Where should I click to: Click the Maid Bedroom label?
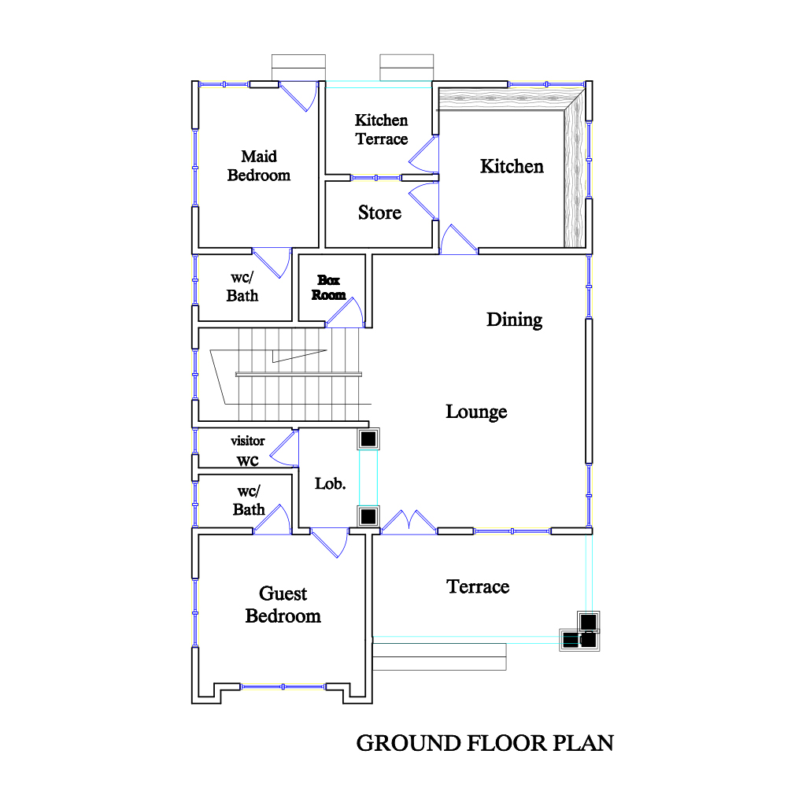pyautogui.click(x=258, y=165)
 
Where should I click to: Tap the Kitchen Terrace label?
pyautogui.click(x=382, y=130)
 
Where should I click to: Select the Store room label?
pyautogui.click(x=379, y=213)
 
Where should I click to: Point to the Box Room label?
pyautogui.click(x=328, y=287)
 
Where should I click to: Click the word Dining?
pyautogui.click(x=514, y=320)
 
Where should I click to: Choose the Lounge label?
pyautogui.click(x=476, y=412)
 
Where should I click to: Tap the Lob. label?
pyautogui.click(x=330, y=484)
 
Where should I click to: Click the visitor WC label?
pyautogui.click(x=248, y=451)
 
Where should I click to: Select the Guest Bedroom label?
pyautogui.click(x=283, y=604)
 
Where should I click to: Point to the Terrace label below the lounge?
pyautogui.click(x=478, y=586)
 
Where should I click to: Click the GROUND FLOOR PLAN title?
pyautogui.click(x=485, y=743)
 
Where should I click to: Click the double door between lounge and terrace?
pyautogui.click(x=409, y=522)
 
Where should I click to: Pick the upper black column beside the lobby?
pyautogui.click(x=368, y=439)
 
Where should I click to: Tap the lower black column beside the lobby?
pyautogui.click(x=368, y=516)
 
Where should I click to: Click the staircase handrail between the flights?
pyautogui.click(x=298, y=374)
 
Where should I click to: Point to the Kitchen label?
pyautogui.click(x=512, y=167)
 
